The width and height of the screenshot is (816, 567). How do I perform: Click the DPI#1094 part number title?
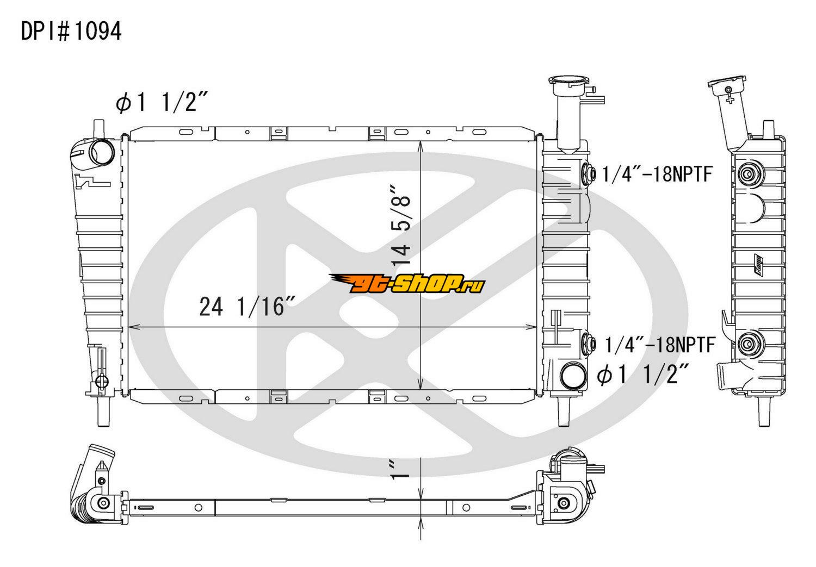coord(71,31)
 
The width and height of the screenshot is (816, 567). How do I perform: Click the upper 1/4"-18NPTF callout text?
coord(657,173)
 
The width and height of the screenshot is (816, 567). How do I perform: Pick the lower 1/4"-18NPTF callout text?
coord(660,345)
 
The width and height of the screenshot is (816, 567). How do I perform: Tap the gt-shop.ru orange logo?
coord(407,284)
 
